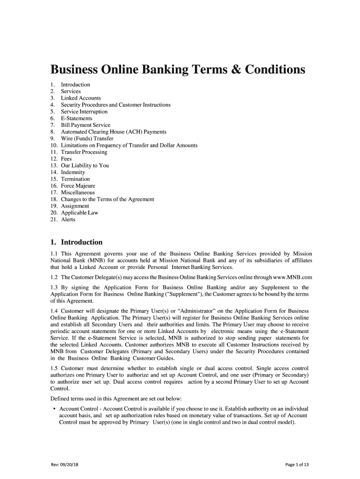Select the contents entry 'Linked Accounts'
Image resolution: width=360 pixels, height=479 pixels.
pos(81,98)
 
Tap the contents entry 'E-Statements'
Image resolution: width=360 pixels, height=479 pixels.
pos(77,118)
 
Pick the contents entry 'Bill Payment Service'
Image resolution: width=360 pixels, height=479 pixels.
pos(86,125)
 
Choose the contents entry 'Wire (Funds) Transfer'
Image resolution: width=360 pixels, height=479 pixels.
pos(87,138)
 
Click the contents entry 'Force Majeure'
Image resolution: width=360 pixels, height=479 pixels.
pos(78,186)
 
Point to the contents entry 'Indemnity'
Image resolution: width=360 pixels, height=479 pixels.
pos(73,173)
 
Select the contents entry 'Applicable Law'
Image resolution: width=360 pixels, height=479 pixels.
pos(80,213)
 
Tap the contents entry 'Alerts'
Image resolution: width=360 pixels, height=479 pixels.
pos(68,219)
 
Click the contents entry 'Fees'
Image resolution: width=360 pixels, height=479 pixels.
pos(66,159)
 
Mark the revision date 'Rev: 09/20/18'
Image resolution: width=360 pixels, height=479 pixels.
pos(68,464)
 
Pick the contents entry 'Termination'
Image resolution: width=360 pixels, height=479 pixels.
pos(76,179)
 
